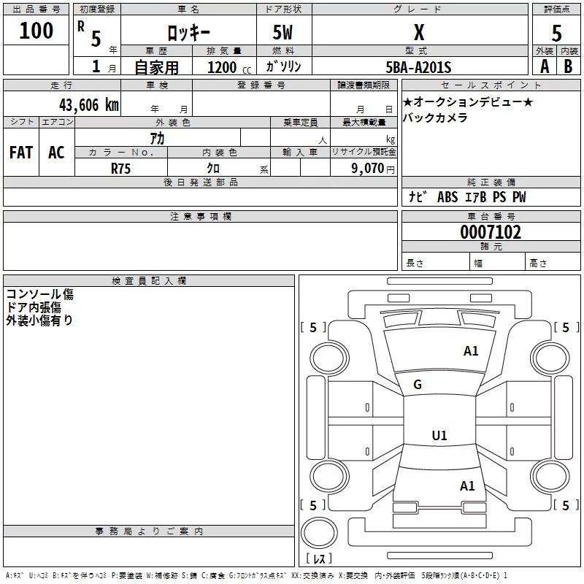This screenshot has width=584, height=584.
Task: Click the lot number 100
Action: click(x=36, y=30)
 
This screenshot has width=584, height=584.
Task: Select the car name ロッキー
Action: click(x=188, y=33)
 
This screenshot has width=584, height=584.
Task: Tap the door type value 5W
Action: click(x=283, y=32)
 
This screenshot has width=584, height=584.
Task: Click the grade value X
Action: click(x=419, y=32)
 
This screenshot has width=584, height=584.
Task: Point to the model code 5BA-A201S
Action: click(x=418, y=67)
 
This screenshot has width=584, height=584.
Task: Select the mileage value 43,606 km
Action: click(x=88, y=105)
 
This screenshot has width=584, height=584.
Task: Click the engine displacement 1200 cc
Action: click(x=229, y=67)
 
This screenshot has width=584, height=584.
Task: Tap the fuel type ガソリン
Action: click(x=283, y=66)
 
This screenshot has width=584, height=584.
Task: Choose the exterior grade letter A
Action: click(x=545, y=66)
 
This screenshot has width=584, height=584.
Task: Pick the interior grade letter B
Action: click(x=568, y=66)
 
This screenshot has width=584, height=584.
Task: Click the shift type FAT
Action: click(x=21, y=153)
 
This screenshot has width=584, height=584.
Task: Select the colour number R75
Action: click(x=120, y=169)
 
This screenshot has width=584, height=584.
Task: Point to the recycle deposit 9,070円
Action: click(x=373, y=169)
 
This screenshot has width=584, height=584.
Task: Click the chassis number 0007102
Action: click(x=491, y=232)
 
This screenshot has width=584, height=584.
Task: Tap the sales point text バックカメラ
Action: click(x=435, y=118)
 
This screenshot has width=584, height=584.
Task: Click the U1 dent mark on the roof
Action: click(x=439, y=435)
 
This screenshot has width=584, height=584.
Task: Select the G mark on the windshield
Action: click(x=418, y=385)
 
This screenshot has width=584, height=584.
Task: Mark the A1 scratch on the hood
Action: click(x=471, y=351)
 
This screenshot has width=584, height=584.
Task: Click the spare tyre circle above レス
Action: click(x=319, y=533)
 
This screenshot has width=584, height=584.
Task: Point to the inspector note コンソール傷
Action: click(x=40, y=294)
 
